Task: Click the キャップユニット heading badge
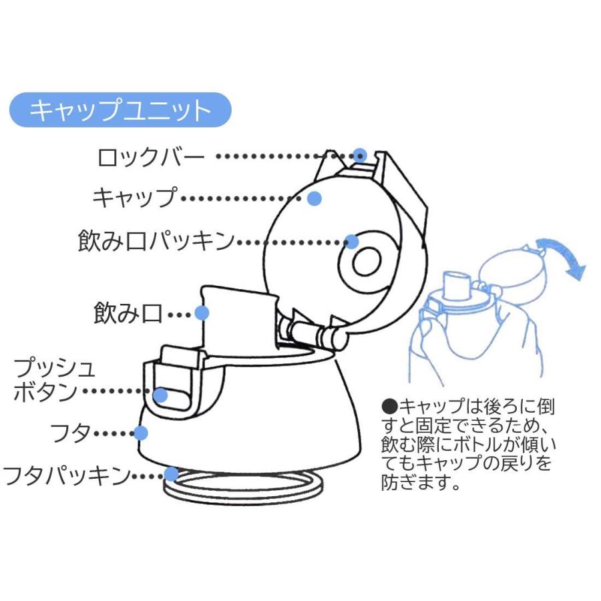click(x=120, y=110)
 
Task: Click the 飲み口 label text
click(x=128, y=313)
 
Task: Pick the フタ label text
click(x=71, y=433)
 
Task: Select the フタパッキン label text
click(x=66, y=475)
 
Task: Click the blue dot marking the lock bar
click(x=361, y=155)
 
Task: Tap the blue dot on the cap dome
click(x=315, y=198)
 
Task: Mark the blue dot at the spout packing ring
click(x=352, y=241)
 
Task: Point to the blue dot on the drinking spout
click(x=202, y=313)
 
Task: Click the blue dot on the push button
click(x=160, y=395)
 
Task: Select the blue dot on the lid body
click(x=141, y=433)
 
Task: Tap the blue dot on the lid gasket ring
click(x=172, y=474)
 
